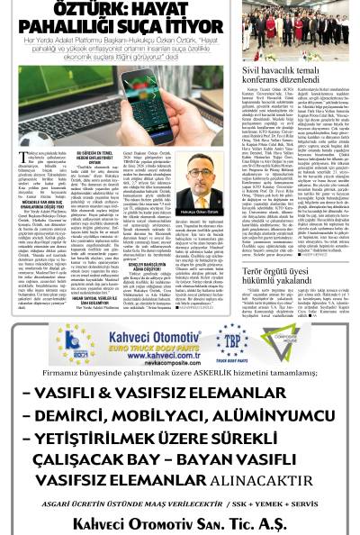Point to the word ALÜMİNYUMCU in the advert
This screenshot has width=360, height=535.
point(265,414)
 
